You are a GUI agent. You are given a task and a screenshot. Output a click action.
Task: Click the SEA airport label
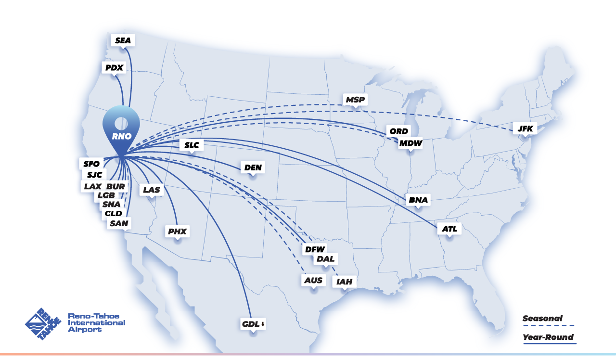[x=123, y=40]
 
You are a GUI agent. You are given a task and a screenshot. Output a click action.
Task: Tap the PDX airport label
[x=114, y=67]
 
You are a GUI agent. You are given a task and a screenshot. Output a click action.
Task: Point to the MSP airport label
[x=355, y=100]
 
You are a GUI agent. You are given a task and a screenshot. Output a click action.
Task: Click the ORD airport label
[x=398, y=131]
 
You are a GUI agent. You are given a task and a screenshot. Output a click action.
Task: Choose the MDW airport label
[x=410, y=143]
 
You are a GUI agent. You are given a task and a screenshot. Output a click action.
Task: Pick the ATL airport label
[x=449, y=229]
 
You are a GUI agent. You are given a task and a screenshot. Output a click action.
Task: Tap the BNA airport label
[x=418, y=200]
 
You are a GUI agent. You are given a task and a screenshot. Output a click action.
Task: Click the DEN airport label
[x=253, y=167]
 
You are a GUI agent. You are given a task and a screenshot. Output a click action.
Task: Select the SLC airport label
[x=191, y=145]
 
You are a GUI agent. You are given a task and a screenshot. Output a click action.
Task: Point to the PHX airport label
[x=177, y=231]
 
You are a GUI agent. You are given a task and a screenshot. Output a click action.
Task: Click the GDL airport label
[x=251, y=324]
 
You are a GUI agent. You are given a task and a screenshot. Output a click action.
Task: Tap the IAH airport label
[x=345, y=282]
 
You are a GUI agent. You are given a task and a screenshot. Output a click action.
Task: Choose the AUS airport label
[x=314, y=280]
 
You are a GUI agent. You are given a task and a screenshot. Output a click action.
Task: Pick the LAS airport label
[x=151, y=190]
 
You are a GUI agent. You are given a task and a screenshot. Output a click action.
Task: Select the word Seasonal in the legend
[x=542, y=318]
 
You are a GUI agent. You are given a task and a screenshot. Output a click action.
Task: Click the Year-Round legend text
[x=548, y=337]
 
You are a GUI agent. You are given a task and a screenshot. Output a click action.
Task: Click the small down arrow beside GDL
[x=263, y=324]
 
